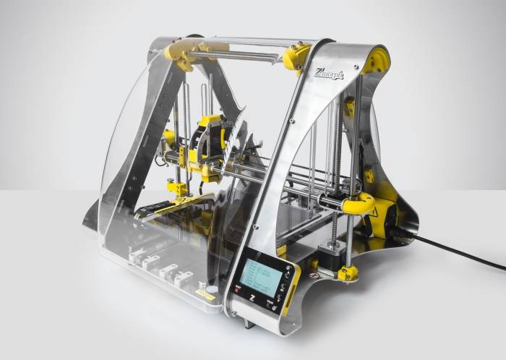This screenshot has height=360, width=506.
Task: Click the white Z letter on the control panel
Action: [x=246, y=299]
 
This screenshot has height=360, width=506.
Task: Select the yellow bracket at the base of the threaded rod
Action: [x=348, y=273]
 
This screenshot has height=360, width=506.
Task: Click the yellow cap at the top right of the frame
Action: [x=376, y=60]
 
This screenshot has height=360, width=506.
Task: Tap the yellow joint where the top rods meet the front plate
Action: [x=296, y=56]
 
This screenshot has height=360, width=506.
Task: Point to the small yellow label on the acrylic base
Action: [x=206, y=295]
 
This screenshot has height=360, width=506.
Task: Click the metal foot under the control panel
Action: [x=249, y=321]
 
